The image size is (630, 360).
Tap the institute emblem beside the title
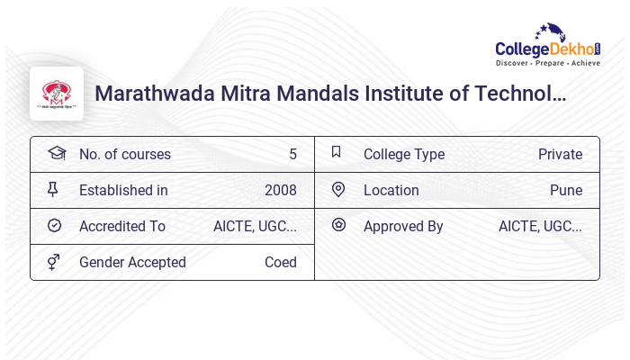(57, 93)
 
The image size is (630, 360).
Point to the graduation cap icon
(56, 153)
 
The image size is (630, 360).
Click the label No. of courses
(124, 154)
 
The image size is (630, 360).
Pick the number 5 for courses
(292, 154)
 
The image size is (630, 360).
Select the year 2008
(280, 190)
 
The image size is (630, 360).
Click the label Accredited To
(122, 226)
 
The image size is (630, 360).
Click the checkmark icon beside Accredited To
(55, 226)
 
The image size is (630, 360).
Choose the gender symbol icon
(55, 262)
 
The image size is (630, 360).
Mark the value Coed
(280, 262)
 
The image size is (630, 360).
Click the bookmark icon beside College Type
(337, 152)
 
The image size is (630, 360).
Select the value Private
(560, 154)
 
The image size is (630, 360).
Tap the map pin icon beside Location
(338, 189)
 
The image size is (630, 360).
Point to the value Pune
(566, 190)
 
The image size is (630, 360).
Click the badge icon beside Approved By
(338, 225)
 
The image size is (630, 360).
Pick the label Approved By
(403, 226)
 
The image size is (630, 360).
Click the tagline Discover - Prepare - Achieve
(547, 63)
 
